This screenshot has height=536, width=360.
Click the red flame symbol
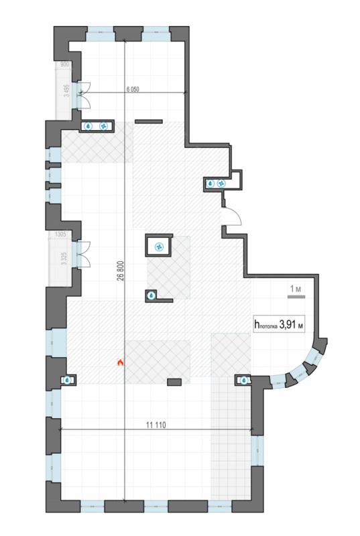tap(120, 362)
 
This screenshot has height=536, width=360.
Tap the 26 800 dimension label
tap(120, 271)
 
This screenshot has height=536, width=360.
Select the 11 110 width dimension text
tap(156, 425)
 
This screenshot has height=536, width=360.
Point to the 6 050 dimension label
tap(133, 90)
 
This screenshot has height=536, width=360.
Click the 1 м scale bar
tap(296, 297)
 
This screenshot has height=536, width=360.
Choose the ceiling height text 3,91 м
tap(291, 324)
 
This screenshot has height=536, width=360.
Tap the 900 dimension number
tap(64, 64)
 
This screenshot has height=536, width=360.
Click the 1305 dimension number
tap(60, 234)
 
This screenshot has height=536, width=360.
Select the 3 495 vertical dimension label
tap(67, 91)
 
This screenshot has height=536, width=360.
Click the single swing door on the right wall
tap(231, 216)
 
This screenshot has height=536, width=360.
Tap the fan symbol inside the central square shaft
tap(159, 246)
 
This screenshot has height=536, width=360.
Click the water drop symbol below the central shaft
tap(151, 295)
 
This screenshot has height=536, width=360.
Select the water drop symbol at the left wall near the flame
tap(68, 380)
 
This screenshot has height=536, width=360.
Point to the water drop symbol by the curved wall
tap(244, 380)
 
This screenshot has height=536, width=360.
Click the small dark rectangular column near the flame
tap(174, 382)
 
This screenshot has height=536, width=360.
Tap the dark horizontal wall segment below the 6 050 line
tap(149, 121)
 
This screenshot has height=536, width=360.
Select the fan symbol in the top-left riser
tap(103, 127)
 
